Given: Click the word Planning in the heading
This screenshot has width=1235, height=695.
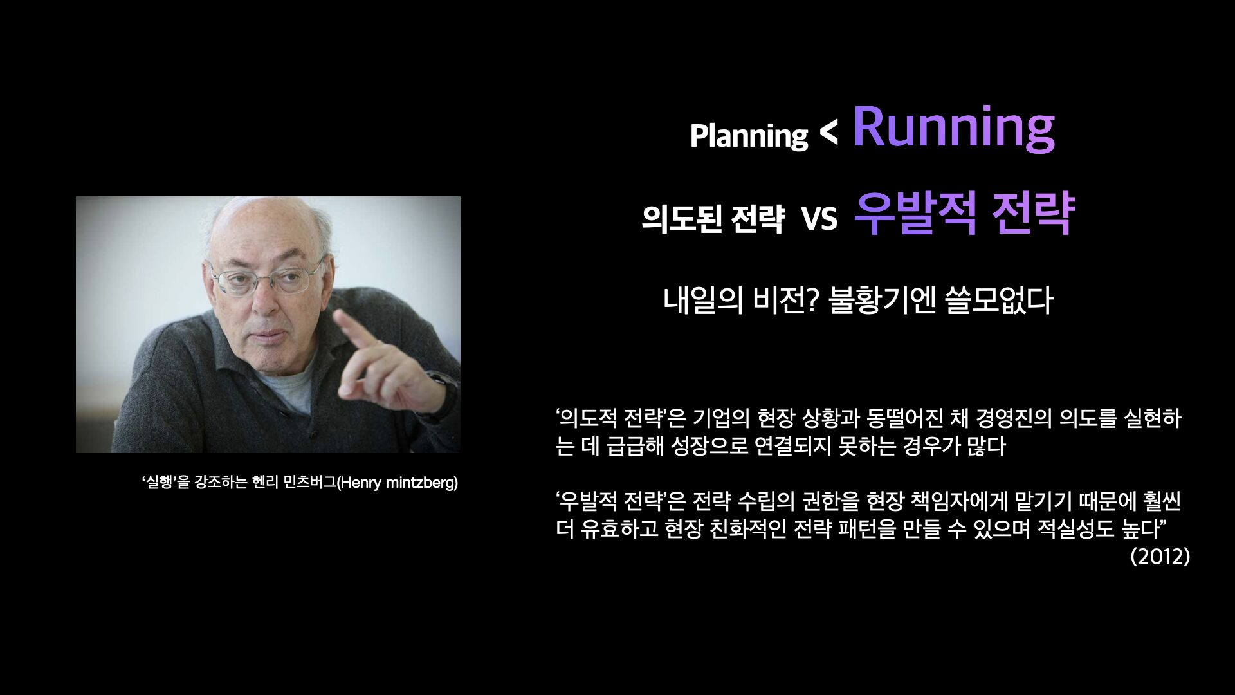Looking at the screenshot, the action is (x=749, y=136).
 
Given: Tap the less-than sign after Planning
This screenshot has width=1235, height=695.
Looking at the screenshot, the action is (x=829, y=132).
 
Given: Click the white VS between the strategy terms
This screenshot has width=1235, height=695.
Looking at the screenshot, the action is (x=819, y=219).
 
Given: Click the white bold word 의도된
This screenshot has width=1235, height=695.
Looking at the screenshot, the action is (x=682, y=219).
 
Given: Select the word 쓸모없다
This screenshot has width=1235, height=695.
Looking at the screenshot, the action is (x=999, y=300).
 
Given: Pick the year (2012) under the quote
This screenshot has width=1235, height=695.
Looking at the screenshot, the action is (x=1160, y=556).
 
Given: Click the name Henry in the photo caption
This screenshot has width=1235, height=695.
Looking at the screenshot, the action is (x=361, y=483).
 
